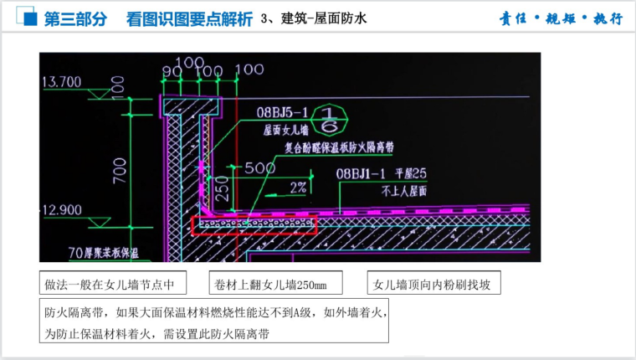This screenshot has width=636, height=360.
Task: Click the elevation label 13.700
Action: [62, 82]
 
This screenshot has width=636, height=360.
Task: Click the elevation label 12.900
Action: [62, 208]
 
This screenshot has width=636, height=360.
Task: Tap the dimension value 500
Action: [259, 168]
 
